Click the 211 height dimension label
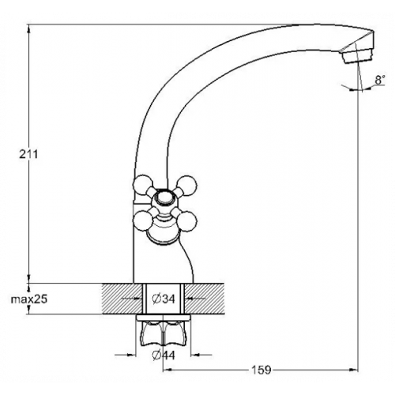point(28,154)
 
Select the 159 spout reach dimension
point(261,370)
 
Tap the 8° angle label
point(380,80)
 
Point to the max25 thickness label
point(29,299)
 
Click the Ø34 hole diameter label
point(164,299)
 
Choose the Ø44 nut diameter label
point(164,355)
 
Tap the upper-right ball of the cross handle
point(186,186)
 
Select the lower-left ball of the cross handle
point(143,221)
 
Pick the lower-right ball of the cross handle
point(187,222)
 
